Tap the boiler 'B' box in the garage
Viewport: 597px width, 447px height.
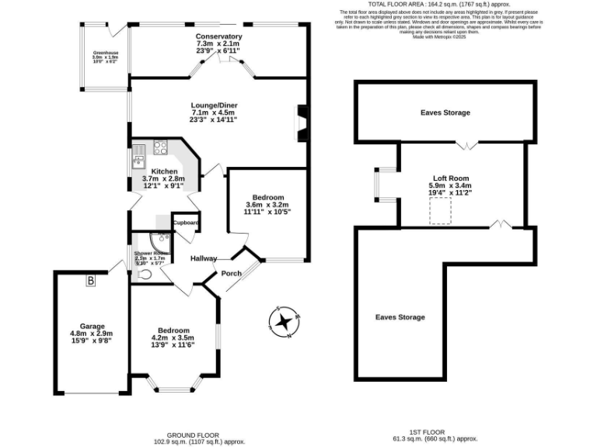coord(91,280)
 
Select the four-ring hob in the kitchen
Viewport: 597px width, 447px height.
coord(162,146)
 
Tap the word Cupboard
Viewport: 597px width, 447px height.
coord(186,223)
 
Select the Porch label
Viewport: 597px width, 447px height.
coord(232,273)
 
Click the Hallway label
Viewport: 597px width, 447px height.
coord(204,259)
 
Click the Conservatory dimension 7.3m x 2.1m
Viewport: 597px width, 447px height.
coord(218,44)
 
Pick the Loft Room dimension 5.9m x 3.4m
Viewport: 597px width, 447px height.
coord(450,185)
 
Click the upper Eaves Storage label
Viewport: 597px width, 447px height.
coord(445,113)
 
